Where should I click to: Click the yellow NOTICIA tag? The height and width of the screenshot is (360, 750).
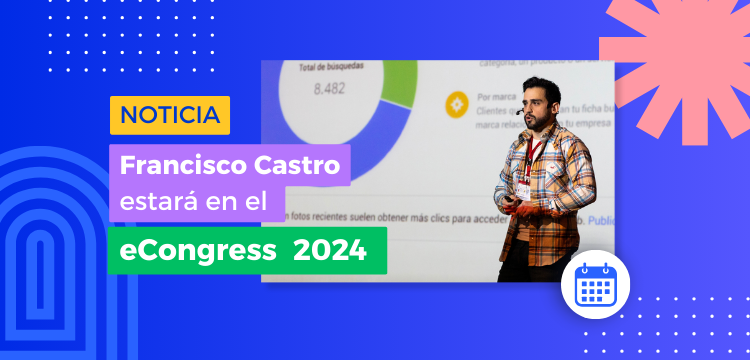click(169, 115)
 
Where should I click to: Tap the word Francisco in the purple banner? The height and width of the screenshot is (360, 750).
click(172, 162)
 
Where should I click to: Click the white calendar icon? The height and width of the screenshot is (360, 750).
click(594, 287)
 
